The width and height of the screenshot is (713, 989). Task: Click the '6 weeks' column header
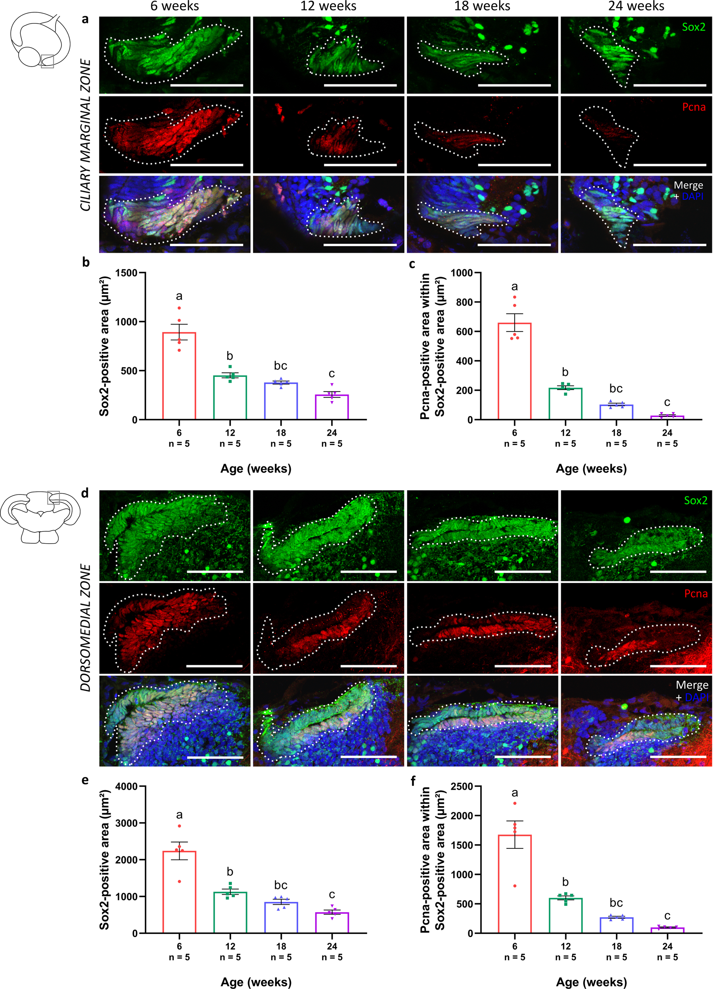[x=174, y=6]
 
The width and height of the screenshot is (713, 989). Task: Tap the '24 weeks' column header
[x=636, y=6]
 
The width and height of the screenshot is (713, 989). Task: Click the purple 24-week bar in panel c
[x=667, y=417]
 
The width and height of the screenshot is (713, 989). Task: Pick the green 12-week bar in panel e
[x=230, y=912]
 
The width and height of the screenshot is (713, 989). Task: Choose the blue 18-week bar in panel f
[x=616, y=925]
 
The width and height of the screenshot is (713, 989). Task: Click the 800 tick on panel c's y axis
[x=465, y=302]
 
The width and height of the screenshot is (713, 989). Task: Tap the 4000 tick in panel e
[x=126, y=786]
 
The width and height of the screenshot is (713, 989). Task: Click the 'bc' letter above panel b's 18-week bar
[x=281, y=365]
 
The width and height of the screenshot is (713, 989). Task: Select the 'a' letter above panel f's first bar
[x=514, y=792]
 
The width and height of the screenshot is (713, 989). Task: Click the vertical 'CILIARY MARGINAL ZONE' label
[x=86, y=135]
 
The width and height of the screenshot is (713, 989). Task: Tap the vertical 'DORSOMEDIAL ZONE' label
[x=86, y=628]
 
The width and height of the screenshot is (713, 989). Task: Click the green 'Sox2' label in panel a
[x=693, y=27]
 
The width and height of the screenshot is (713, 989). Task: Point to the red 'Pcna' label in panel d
[x=696, y=593]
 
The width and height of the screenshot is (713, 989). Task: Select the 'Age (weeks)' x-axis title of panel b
[x=256, y=469]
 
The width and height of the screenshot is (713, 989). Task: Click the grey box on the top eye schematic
[x=47, y=61]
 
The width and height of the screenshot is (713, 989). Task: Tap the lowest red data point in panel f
[x=515, y=885]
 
